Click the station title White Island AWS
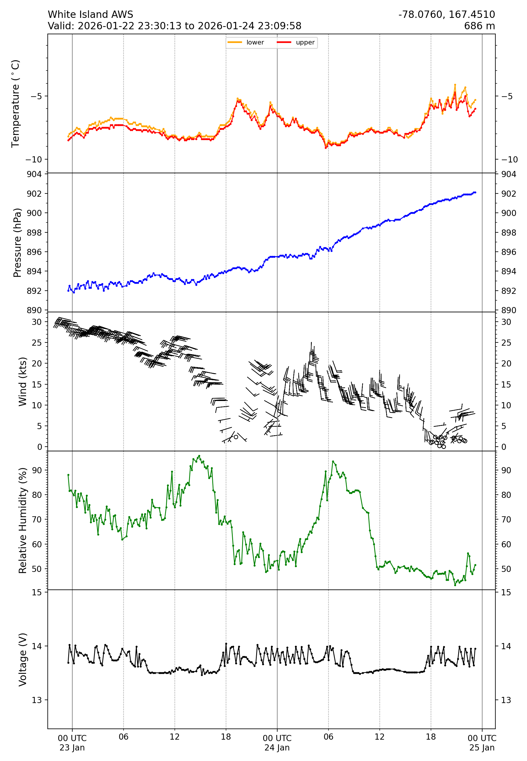pos(90,15)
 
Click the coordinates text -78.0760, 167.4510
pos(446,15)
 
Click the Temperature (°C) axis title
pos(16,103)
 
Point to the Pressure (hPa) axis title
pos(17,243)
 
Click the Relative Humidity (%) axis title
pos(22,520)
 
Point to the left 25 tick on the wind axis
pos(37,342)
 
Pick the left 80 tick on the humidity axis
pos(37,495)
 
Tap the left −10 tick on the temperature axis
pos(34,160)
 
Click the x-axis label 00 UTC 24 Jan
pos(277,743)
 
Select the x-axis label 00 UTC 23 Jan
pos(72,743)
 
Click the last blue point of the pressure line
pos(475,192)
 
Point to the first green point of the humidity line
pos(68,475)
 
